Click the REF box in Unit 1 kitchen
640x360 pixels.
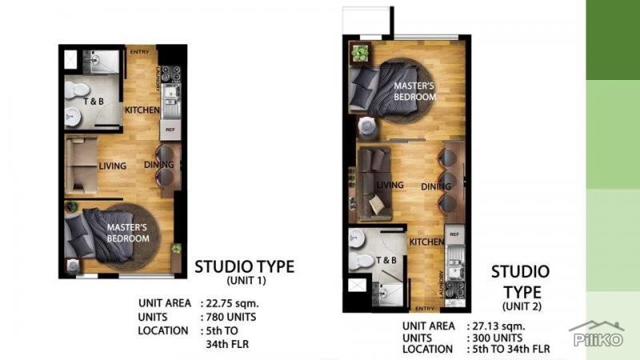click(x=170, y=129)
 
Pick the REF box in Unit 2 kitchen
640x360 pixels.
click(x=453, y=234)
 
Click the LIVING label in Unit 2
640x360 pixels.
click(x=390, y=185)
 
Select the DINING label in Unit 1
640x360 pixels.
click(x=158, y=166)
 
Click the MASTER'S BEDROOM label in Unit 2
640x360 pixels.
click(x=415, y=91)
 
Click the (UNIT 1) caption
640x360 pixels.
click(x=244, y=281)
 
